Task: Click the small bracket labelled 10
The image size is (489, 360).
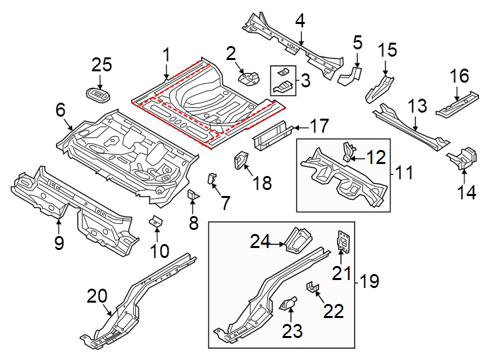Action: pos(157,221)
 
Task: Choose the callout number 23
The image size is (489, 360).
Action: pos(293,330)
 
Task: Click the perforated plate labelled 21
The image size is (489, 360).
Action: pos(344,241)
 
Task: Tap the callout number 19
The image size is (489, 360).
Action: pos(369,281)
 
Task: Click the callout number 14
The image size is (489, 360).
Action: pos(466,193)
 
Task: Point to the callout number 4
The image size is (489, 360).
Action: pos(300,21)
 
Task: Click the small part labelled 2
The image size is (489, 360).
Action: pos(249,79)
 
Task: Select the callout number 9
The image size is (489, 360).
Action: pos(59,243)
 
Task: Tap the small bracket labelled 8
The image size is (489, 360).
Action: pos(194,197)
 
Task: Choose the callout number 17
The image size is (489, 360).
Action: pos(319,125)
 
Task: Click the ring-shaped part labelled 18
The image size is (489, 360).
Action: pos(240,160)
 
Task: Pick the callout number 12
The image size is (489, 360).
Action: pos(376,157)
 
